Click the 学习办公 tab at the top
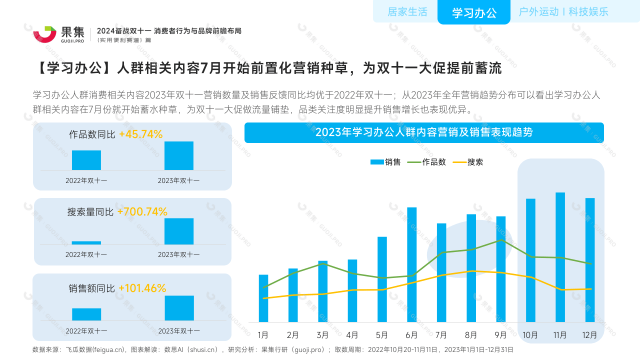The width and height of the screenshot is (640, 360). coord(474,13)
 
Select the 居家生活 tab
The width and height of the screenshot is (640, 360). coord(407,12)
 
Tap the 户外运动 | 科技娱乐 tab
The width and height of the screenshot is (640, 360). coord(563,12)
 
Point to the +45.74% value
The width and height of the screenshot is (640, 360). coord(140,134)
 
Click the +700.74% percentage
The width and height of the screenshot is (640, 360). coord(142,212)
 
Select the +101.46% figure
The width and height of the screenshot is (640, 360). coord(142,288)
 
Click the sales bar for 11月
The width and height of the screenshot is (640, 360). coord(560,257)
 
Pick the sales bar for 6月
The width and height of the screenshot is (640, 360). coord(411,264)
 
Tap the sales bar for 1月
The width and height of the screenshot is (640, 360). coord(263,298)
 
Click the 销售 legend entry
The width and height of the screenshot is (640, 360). coord(385,162)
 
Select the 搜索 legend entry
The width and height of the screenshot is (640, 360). coord(468,162)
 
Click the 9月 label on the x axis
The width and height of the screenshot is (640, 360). coord(500,335)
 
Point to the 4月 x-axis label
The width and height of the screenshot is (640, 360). coord(352,335)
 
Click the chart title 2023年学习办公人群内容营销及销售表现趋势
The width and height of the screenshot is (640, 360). coord(424,132)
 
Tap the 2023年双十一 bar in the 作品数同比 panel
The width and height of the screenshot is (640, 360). coord(178,156)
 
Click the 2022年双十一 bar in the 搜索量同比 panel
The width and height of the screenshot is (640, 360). coord(86,243)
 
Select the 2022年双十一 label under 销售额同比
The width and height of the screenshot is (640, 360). coord(86,331)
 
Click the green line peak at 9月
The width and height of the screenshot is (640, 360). coord(501,240)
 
